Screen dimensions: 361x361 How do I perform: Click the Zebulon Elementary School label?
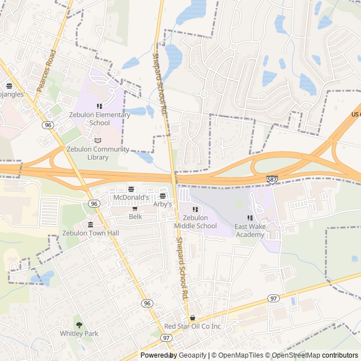coord(99,118)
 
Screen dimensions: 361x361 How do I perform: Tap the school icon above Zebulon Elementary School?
coord(99,106)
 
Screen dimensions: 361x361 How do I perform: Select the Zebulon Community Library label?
coord(98,153)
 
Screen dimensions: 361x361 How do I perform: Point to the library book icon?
coord(98,140)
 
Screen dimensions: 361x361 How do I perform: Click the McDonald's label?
coord(131,197)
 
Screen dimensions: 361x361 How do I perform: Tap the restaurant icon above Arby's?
coord(163,196)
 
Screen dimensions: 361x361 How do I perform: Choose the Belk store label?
coord(135,216)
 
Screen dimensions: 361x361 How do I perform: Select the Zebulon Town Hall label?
coord(90,233)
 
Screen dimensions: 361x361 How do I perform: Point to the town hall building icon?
coord(90,225)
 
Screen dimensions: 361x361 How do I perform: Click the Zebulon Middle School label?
coord(195,222)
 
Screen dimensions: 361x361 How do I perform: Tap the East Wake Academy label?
coord(250,230)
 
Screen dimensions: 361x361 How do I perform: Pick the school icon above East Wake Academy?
coord(250,218)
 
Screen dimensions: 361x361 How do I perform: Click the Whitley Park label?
coord(79,333)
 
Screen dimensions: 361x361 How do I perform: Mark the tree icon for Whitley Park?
coord(79,325)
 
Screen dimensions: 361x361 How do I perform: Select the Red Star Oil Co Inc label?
coord(192,327)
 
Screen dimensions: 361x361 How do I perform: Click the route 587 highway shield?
coord(272,179)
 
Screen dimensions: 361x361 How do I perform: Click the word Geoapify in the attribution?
coord(192,355)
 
